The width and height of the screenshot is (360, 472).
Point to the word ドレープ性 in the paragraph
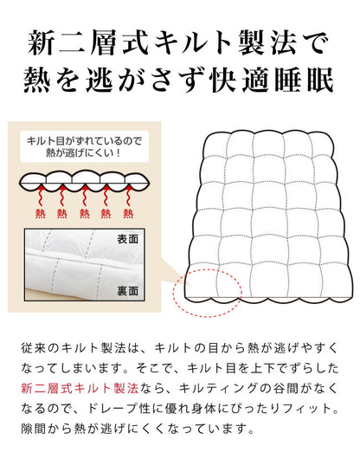tap(198, 408)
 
